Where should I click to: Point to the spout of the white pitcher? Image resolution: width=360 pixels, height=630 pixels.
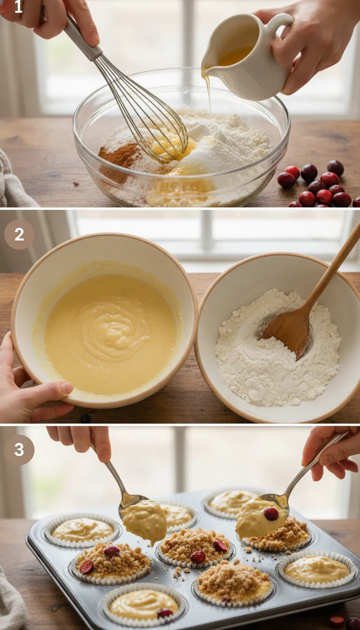[x=205, y=72]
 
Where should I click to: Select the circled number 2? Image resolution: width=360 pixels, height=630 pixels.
[x=19, y=234]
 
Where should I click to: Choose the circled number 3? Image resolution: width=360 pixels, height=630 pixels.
[x=19, y=450]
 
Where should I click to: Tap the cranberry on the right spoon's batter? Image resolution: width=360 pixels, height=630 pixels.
[x=271, y=514]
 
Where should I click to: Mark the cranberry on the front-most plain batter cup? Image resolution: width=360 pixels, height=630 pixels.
[x=165, y=613]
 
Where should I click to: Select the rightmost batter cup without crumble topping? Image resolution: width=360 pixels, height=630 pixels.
[x=317, y=570]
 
